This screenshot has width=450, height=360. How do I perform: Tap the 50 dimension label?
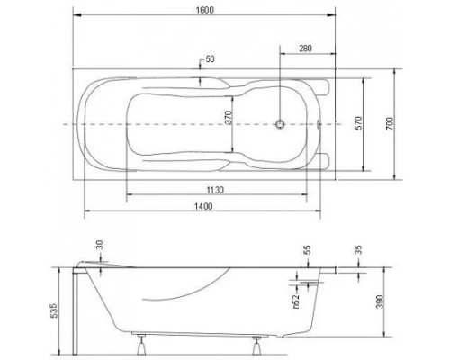pyautogui.click(x=210, y=59)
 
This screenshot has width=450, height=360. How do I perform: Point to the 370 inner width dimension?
pyautogui.click(x=229, y=117)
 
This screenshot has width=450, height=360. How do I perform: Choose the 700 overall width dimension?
pyautogui.click(x=389, y=123)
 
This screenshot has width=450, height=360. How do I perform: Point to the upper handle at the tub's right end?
pyautogui.click(x=325, y=88)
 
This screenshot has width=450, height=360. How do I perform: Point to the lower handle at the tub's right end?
pyautogui.click(x=325, y=159)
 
